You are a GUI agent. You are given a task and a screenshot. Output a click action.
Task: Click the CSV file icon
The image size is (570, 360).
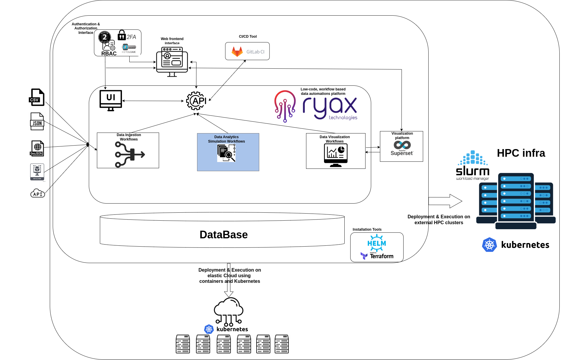coord(37,97)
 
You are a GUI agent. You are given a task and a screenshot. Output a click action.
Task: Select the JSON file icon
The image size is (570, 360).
coord(37,121)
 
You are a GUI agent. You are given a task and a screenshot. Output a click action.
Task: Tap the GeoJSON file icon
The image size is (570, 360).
coord(37,148)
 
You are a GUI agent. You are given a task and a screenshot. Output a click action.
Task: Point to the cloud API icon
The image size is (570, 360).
coord(38,193)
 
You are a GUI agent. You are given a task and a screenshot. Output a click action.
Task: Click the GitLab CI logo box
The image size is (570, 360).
coord(247,51)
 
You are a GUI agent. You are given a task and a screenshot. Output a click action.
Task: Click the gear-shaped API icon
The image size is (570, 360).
coord(196,101)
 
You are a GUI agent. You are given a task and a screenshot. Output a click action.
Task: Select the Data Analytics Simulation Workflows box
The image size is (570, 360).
coord(228,152)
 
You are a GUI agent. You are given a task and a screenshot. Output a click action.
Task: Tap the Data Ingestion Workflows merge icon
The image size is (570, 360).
coord(129,154)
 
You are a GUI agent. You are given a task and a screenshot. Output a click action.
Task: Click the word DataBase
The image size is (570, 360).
coord(224,235)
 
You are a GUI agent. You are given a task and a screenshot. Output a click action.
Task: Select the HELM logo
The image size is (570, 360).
coord(376,243)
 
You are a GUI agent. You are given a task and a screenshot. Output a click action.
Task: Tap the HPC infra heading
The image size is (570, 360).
coord(521,153)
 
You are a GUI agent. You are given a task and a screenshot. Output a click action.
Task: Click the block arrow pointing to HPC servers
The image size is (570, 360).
coord(445,201)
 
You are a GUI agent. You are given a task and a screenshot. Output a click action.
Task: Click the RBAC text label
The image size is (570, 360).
coord(109,54)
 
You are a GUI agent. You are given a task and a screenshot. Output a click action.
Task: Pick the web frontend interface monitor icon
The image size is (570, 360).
coord(172,62)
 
